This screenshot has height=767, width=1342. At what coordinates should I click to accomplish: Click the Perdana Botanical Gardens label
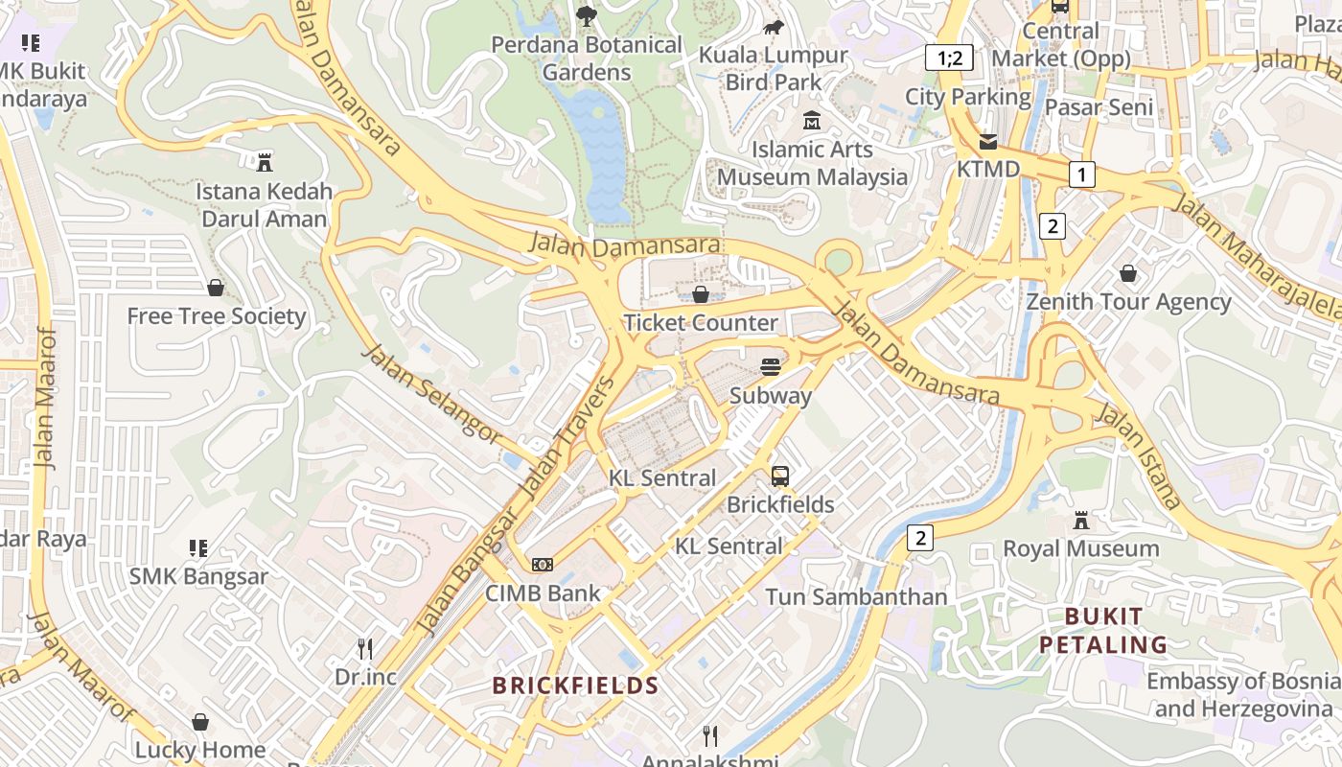click(587, 58)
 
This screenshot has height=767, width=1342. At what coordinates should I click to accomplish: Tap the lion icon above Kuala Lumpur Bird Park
click(773, 27)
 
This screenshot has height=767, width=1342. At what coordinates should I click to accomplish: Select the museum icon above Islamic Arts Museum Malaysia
click(812, 121)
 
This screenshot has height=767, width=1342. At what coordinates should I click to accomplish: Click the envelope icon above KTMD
click(987, 142)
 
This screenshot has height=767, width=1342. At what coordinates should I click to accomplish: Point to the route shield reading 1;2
click(949, 58)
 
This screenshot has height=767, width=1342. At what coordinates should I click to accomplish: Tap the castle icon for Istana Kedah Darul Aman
click(265, 162)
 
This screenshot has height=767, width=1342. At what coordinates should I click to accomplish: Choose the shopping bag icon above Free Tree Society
click(216, 288)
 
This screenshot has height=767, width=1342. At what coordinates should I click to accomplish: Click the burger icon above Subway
click(770, 366)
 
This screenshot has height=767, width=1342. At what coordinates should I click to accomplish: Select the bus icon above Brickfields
click(780, 476)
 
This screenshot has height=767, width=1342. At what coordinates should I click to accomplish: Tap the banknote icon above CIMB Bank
click(543, 565)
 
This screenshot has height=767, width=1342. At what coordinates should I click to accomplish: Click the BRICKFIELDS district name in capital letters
click(575, 686)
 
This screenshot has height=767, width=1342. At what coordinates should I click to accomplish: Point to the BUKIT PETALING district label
click(1103, 630)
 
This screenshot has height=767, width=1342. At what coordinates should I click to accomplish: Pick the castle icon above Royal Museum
click(1081, 521)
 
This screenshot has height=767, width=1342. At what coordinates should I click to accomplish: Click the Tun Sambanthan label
click(856, 596)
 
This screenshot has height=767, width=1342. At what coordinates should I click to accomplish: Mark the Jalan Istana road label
click(1138, 456)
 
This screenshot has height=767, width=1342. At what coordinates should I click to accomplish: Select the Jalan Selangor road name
click(430, 394)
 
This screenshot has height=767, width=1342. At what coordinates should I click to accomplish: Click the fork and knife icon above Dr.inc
click(364, 649)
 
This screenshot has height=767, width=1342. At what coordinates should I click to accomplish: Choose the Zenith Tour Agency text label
click(1128, 302)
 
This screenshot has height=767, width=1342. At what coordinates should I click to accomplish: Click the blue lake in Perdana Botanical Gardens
click(600, 144)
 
